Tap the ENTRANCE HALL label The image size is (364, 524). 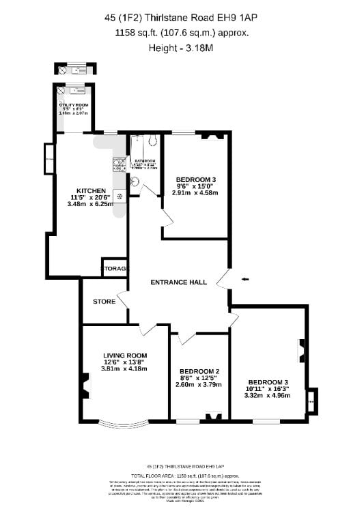pos(179,282)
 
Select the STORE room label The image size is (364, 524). pos(104,301)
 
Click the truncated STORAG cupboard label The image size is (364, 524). pos(115,269)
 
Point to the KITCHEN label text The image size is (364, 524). pos(91,190)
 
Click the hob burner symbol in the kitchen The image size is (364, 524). pos(117,164)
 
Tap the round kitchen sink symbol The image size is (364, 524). pos(120,196)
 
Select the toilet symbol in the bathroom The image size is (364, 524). pos(134,182)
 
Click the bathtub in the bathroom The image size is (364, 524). pos(145,143)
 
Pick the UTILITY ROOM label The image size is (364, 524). pos(74,104)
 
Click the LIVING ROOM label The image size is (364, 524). pos(125,355)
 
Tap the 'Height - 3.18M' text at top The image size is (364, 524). pos(181,48)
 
